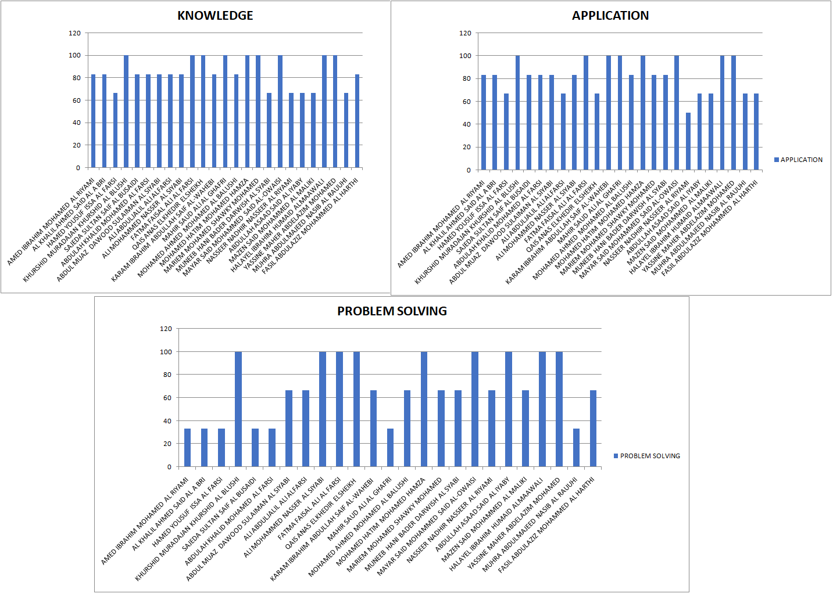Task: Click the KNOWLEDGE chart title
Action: (x=215, y=16)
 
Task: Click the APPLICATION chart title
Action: (x=610, y=16)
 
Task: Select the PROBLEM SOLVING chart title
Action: (x=392, y=311)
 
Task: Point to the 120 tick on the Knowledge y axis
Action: (x=75, y=33)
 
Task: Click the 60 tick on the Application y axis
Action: (x=466, y=102)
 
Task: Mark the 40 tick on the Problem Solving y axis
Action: (x=167, y=421)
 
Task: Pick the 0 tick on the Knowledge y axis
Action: (x=78, y=168)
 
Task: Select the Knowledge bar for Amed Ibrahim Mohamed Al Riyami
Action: (x=94, y=121)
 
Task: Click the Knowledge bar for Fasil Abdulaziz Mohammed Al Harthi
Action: (x=357, y=121)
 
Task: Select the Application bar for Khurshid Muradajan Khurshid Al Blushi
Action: (x=517, y=113)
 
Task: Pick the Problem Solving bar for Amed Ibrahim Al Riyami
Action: (x=187, y=447)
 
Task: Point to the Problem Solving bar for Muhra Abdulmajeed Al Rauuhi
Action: (x=576, y=447)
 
